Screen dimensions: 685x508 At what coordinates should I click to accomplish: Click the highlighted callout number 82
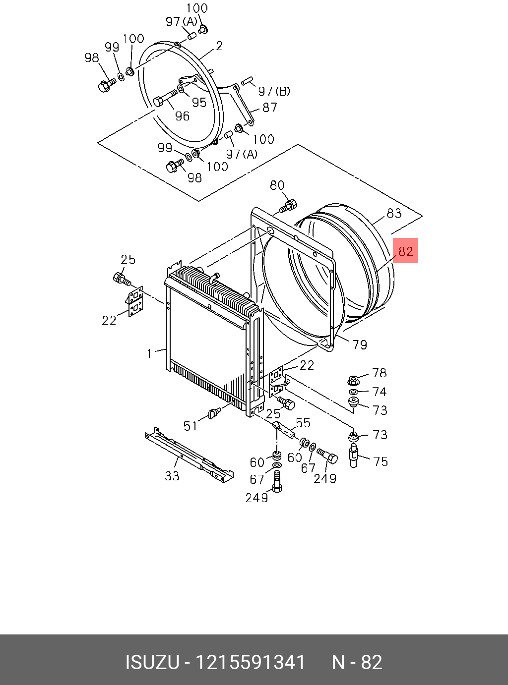pyautogui.click(x=405, y=251)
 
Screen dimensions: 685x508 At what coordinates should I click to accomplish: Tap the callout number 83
pyautogui.click(x=394, y=213)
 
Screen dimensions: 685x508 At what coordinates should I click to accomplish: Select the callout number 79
pyautogui.click(x=360, y=344)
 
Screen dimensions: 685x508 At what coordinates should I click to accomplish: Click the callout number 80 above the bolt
pyautogui.click(x=277, y=185)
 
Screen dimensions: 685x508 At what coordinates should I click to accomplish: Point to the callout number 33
pyautogui.click(x=172, y=476)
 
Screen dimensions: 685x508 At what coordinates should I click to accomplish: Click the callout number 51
pyautogui.click(x=190, y=426)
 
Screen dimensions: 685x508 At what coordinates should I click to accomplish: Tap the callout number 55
pyautogui.click(x=303, y=423)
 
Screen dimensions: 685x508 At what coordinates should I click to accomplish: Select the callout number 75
pyautogui.click(x=381, y=461)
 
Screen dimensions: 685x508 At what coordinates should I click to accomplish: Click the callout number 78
pyautogui.click(x=379, y=373)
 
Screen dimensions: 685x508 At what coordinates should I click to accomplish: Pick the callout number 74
pyautogui.click(x=379, y=392)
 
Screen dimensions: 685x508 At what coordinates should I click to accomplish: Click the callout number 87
pyautogui.click(x=269, y=107)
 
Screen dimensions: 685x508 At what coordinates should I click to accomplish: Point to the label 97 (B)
pyautogui.click(x=274, y=91)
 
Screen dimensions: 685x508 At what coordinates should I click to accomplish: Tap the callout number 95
pyautogui.click(x=199, y=102)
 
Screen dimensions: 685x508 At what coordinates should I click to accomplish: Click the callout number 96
pyautogui.click(x=182, y=116)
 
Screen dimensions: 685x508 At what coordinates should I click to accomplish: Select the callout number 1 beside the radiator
pyautogui.click(x=149, y=353)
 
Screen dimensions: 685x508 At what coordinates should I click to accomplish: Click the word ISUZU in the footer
pyautogui.click(x=152, y=662)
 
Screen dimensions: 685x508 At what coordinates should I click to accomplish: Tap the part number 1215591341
pyautogui.click(x=250, y=662)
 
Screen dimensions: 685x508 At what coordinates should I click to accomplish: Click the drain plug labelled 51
pyautogui.click(x=215, y=413)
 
